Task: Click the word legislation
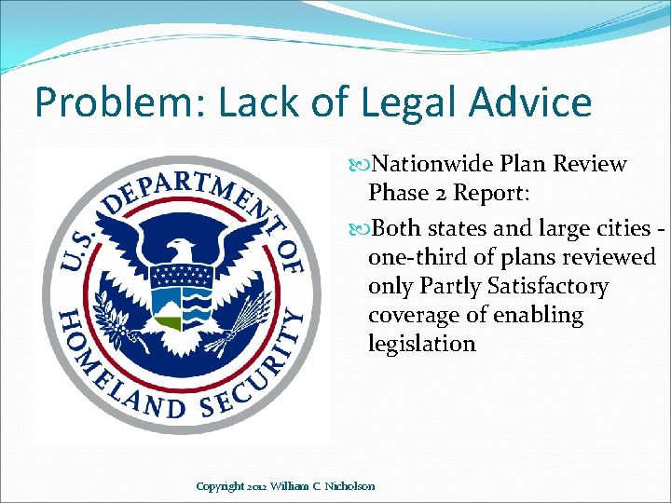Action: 421,344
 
